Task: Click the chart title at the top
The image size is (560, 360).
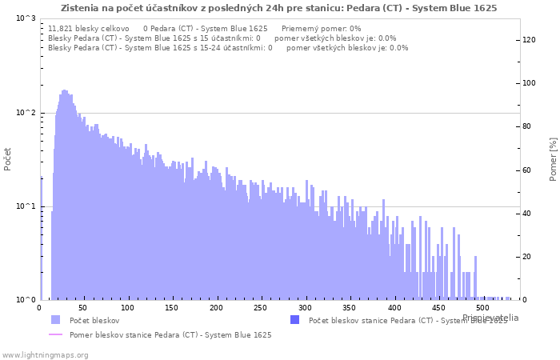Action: (x=278, y=8)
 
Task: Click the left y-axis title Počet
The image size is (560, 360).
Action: (x=8, y=158)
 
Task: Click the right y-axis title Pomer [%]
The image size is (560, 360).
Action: (x=553, y=158)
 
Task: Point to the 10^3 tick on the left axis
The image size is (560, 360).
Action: (x=26, y=18)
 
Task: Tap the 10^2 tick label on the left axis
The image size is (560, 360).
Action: (x=26, y=113)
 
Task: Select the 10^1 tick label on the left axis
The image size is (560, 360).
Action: (x=26, y=206)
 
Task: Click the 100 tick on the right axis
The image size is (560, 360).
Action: (x=530, y=83)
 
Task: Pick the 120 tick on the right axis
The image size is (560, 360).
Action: (x=530, y=40)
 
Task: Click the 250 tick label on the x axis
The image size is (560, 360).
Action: (x=260, y=307)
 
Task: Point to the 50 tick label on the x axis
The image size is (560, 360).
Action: (x=83, y=307)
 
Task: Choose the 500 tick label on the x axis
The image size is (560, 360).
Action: (x=481, y=307)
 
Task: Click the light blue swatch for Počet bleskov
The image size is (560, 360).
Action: (x=54, y=320)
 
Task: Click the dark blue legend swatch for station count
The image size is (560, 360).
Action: (x=294, y=320)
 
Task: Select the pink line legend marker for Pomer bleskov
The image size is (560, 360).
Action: (x=54, y=334)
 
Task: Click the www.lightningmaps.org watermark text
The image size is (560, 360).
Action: (x=45, y=354)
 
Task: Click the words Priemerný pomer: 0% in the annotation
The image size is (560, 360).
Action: (x=322, y=28)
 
